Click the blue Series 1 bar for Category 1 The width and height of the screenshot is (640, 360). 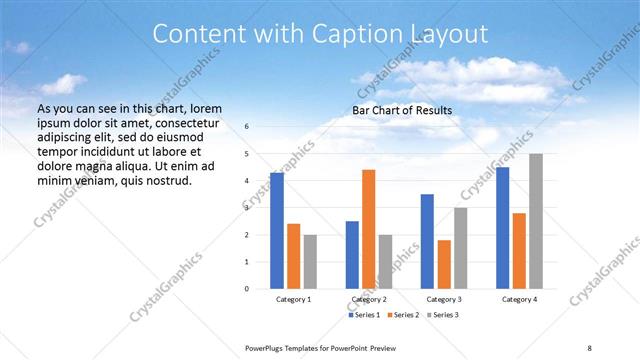tap(277, 231)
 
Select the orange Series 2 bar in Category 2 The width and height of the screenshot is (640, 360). tap(368, 229)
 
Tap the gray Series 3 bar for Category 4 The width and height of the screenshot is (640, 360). tap(536, 221)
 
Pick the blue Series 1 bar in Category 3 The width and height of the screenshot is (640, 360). tap(427, 241)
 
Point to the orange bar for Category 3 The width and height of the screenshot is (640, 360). tap(444, 264)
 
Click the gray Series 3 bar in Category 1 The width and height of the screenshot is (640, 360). tap(310, 261)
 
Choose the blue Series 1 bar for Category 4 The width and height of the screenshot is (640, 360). tap(502, 228)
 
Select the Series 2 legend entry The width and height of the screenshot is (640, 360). tap(403, 315)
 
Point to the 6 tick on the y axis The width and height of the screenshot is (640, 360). tap(247, 127)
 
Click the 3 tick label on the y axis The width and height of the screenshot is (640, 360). tap(247, 208)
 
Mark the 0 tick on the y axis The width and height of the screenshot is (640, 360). tap(247, 289)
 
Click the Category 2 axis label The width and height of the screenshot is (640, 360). tap(369, 300)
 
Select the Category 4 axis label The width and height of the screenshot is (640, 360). tap(519, 300)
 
